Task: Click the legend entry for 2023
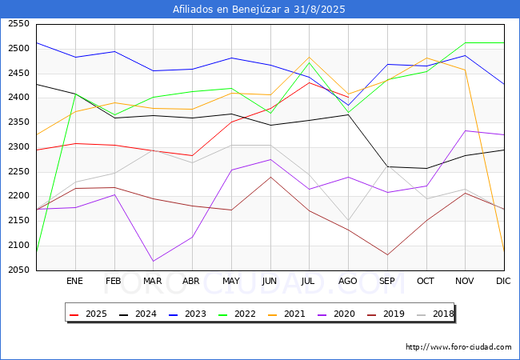pyautogui.click(x=200, y=314)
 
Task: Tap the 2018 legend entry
pyautogui.click(x=437, y=314)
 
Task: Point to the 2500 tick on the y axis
pyautogui.click(x=18, y=49)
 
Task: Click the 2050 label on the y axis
pyautogui.click(x=18, y=270)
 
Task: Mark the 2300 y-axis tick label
pyautogui.click(x=18, y=147)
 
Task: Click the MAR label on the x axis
pyautogui.click(x=153, y=282)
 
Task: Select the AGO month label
pyautogui.click(x=348, y=282)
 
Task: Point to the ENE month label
pyautogui.click(x=74, y=282)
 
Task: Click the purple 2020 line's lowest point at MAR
pyautogui.click(x=153, y=261)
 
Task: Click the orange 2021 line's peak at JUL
pyautogui.click(x=309, y=58)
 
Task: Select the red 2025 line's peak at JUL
pyautogui.click(x=309, y=82)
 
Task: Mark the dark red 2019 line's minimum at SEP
pyautogui.click(x=387, y=255)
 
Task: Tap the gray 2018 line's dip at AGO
pyautogui.click(x=348, y=220)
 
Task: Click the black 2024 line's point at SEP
pyautogui.click(x=387, y=166)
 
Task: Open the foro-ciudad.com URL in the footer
pyautogui.click(x=458, y=347)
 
